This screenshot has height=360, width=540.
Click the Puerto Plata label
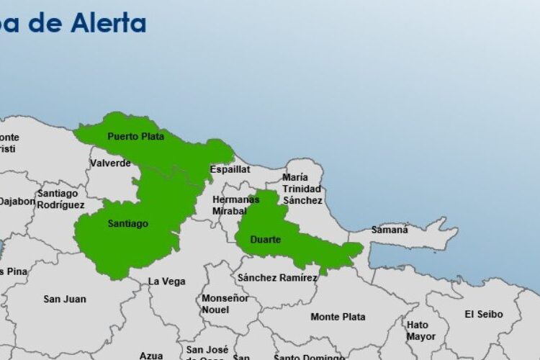135,136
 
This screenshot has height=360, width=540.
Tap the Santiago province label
128,224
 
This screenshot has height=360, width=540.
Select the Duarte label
265,239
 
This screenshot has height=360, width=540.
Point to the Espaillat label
230,169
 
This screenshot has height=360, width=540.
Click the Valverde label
110,163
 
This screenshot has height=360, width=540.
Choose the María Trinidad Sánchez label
302,189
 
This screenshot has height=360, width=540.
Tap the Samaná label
390,230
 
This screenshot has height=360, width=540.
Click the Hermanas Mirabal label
235,205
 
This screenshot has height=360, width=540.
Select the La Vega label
166,282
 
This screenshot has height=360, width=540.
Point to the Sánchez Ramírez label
277,278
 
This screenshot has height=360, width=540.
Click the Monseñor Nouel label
225,304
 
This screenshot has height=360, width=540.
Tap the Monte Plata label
338,317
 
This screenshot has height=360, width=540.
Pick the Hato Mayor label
420,330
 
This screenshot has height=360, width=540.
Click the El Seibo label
483,314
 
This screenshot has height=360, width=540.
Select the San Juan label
64,299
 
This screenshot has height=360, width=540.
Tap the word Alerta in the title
109,23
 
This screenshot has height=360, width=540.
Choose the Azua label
150,355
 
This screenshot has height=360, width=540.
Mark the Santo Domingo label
309,356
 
